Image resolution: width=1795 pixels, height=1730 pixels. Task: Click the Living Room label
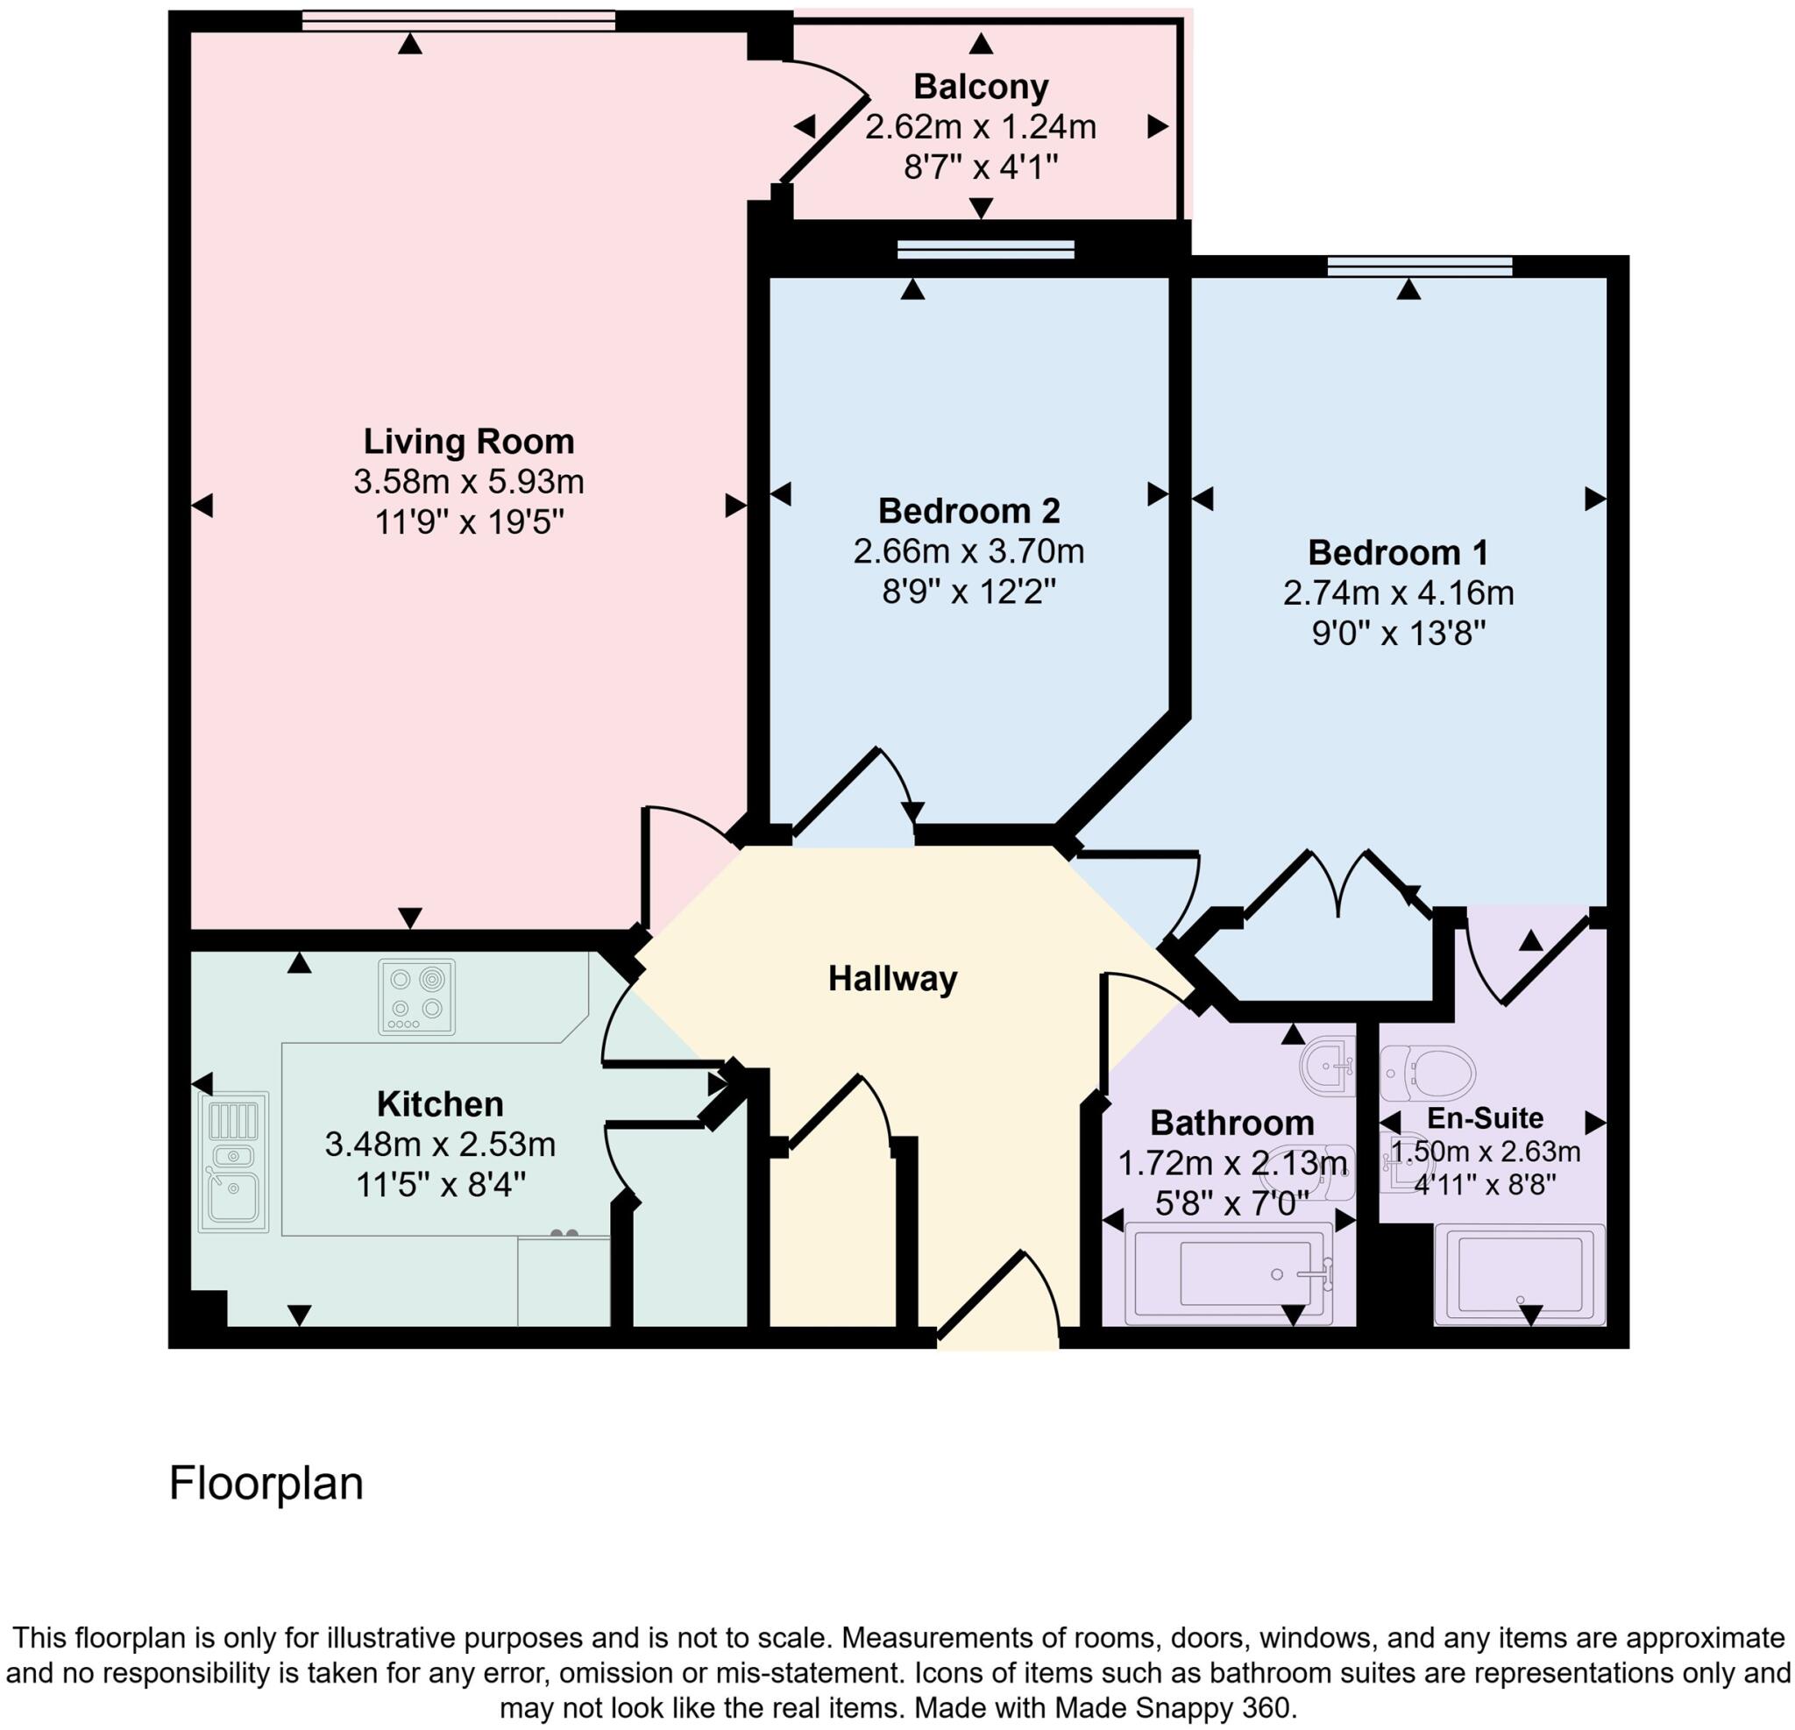468,442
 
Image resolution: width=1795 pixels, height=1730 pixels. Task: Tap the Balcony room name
981,87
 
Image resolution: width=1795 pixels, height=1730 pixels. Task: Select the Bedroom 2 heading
969,510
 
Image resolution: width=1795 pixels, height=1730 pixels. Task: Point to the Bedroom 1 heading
1398,552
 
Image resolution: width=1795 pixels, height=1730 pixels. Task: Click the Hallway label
893,979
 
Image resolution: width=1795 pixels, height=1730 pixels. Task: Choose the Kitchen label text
440,1103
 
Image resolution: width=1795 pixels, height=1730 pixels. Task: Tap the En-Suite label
1485,1117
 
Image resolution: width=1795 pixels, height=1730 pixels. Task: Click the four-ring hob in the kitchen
416,996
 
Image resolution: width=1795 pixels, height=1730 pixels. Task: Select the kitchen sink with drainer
233,1161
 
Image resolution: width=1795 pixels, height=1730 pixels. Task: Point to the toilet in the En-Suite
1429,1072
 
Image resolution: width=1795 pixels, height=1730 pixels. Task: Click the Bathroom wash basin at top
1329,1065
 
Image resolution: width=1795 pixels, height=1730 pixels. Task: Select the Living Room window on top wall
458,20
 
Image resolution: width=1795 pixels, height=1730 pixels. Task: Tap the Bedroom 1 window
1420,266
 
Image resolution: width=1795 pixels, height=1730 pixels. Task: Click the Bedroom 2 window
984,249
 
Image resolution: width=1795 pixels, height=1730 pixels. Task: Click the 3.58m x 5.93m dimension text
468,482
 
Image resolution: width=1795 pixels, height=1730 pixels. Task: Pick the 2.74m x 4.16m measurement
1398,593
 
